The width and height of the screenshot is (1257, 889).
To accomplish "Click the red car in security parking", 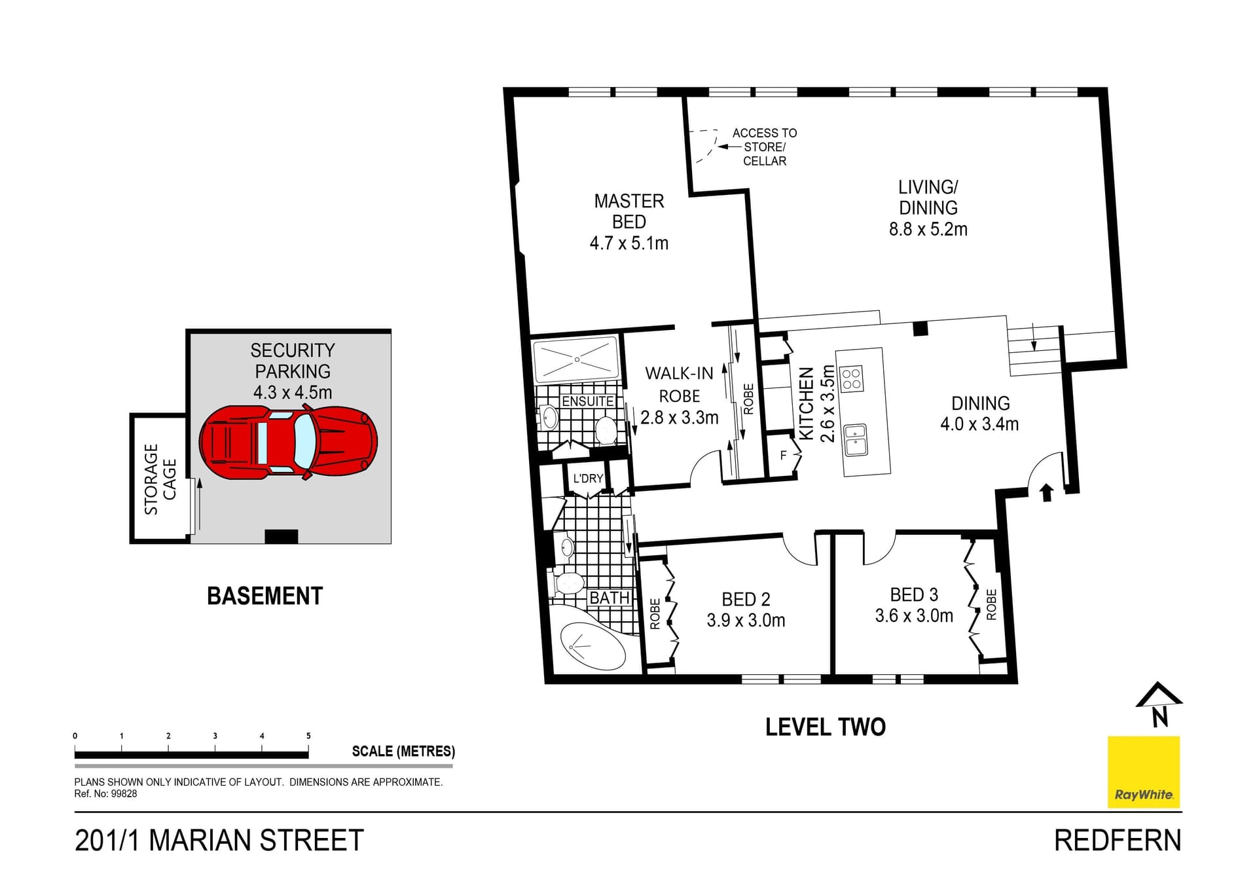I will click(x=288, y=442).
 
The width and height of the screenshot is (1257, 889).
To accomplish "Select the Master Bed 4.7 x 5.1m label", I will click(x=628, y=222).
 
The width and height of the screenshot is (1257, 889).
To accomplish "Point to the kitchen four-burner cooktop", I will click(x=852, y=378).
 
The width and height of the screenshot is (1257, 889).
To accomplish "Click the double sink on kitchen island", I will click(x=855, y=439).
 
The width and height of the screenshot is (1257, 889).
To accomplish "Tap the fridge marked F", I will click(x=784, y=456).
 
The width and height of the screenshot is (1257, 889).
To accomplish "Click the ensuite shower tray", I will click(x=576, y=359).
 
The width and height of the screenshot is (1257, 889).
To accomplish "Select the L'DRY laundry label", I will click(x=588, y=479).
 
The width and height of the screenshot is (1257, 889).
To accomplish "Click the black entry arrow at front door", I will click(x=1046, y=492).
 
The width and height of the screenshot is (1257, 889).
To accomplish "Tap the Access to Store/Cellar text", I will click(x=764, y=147).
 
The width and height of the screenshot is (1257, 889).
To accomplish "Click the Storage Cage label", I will click(x=160, y=479).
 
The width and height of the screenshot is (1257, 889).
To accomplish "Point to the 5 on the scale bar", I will click(x=308, y=736).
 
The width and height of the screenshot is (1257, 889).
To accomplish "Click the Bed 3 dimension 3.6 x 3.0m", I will click(x=914, y=616).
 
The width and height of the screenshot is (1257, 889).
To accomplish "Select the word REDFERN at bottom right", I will click(x=1117, y=841).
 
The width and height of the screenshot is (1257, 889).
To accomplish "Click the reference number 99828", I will click(x=124, y=793).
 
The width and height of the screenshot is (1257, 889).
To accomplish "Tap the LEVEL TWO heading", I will click(x=825, y=727).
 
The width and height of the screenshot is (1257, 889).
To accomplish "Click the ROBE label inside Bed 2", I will click(x=655, y=614).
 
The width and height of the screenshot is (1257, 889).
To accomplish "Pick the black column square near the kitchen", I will click(x=920, y=329).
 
